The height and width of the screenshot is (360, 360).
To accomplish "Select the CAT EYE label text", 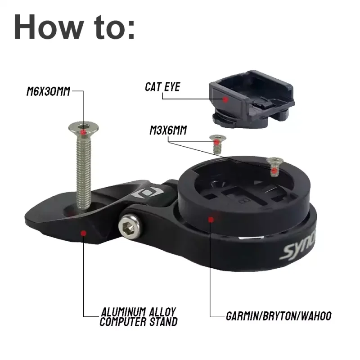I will (162, 87).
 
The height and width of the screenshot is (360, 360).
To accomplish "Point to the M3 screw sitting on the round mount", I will (274, 166).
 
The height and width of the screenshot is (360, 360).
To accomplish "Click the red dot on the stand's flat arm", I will (84, 232).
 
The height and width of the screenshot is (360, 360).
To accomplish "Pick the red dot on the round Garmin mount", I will (210, 219).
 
